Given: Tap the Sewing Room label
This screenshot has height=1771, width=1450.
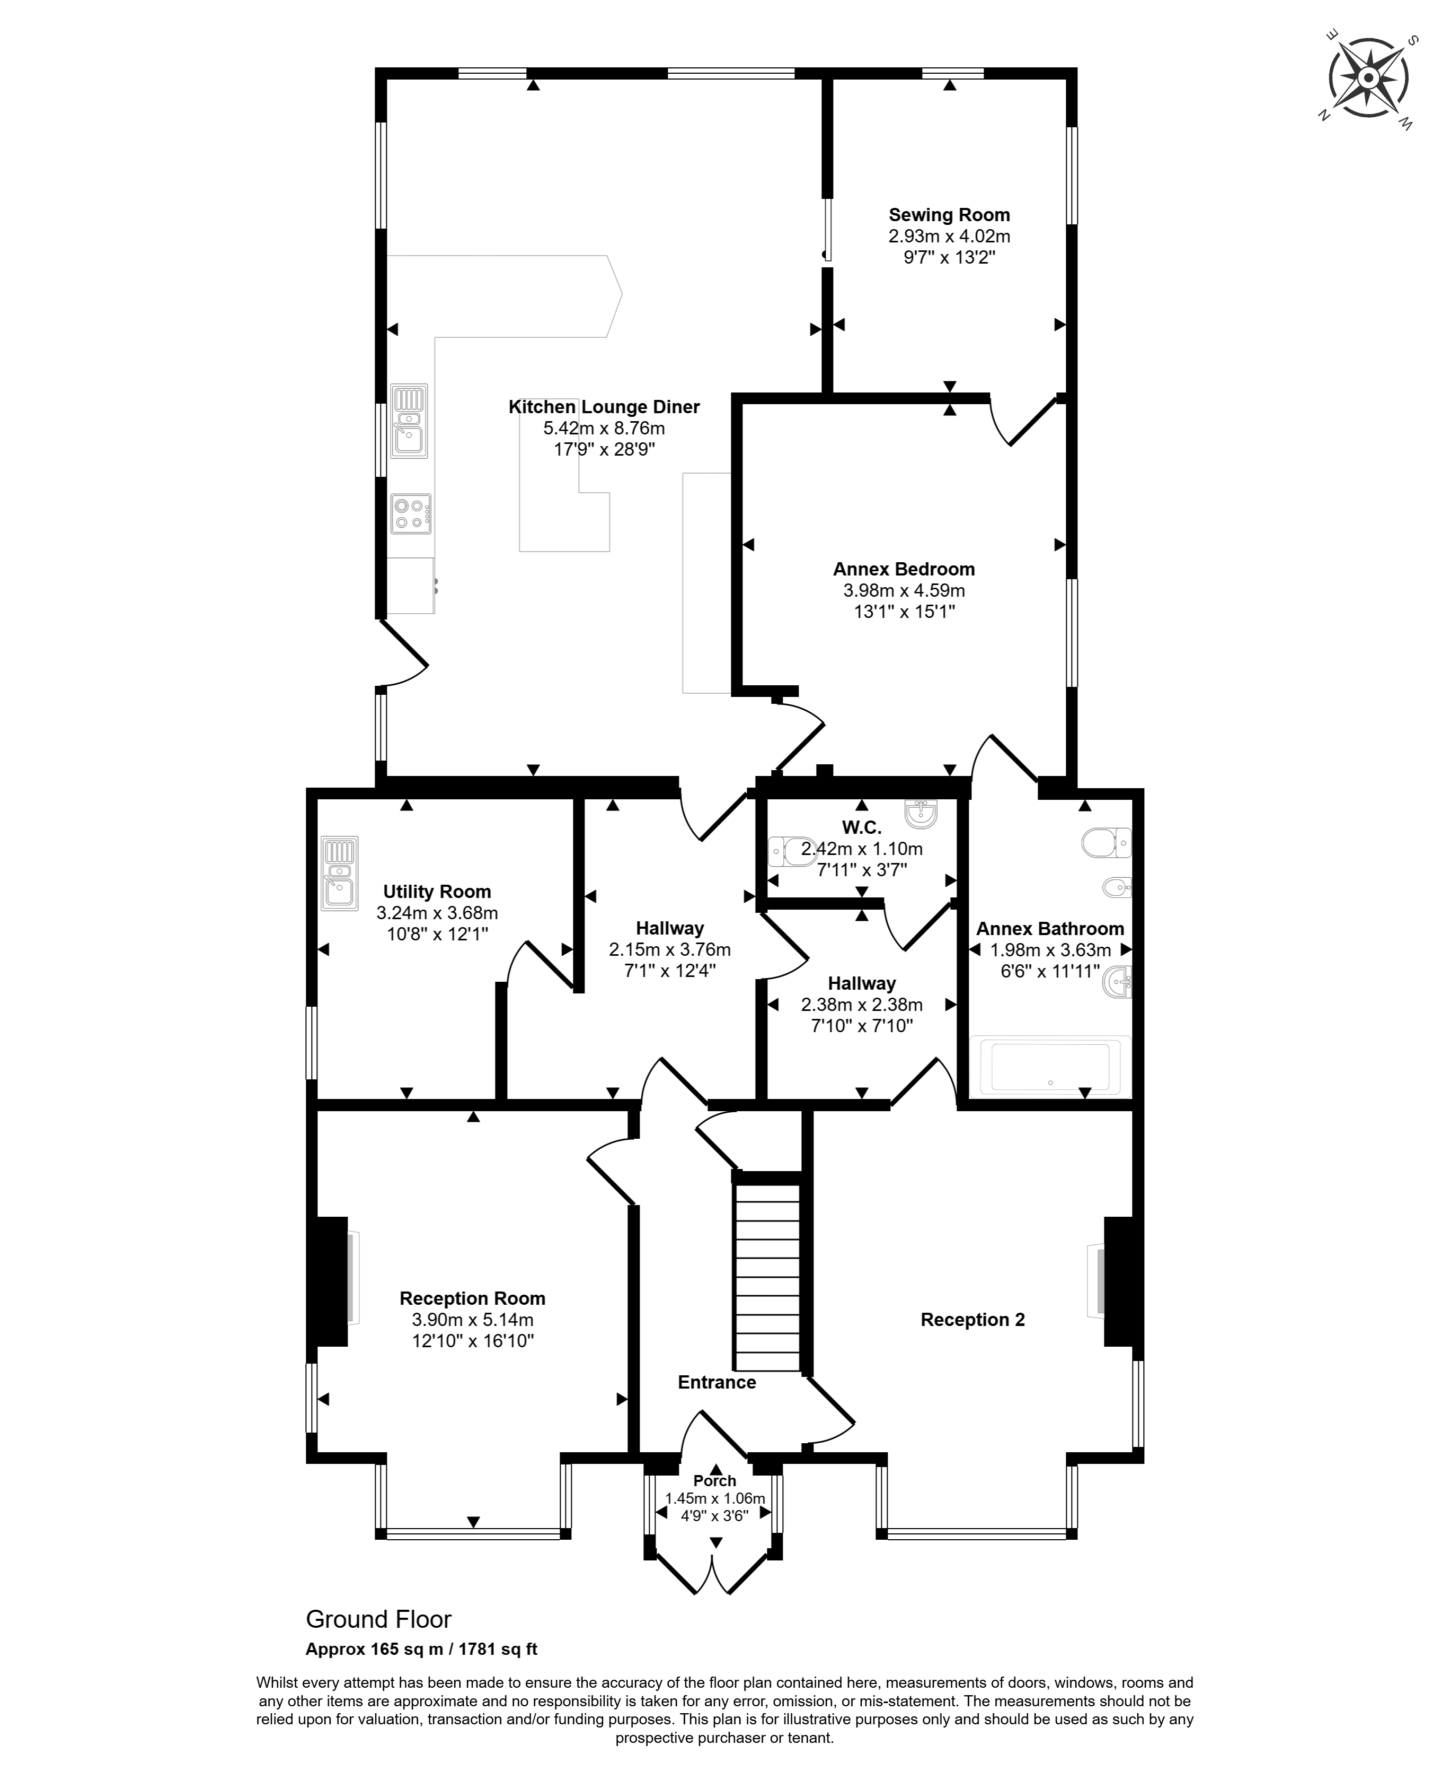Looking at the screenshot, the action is pos(949,215).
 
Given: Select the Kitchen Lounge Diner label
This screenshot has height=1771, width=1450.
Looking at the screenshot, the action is pos(604,407).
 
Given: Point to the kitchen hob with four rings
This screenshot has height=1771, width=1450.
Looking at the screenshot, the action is pos(411,513).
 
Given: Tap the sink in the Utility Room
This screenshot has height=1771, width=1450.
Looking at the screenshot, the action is pos(340,873).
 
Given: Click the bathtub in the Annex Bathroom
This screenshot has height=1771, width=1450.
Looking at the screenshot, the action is pos(1050,1067).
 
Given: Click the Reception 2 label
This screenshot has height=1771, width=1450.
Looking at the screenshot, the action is pos(972,1320).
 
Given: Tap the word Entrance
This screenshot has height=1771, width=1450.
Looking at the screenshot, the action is pos(717,1382).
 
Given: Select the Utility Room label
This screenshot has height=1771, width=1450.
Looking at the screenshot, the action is pos(437,892).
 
